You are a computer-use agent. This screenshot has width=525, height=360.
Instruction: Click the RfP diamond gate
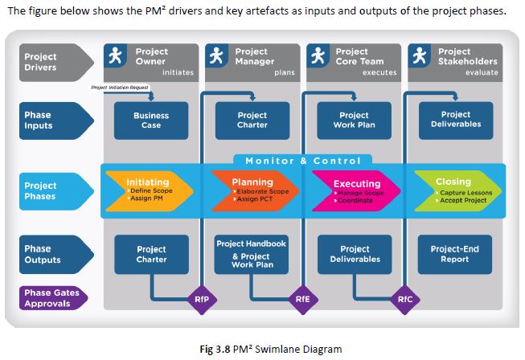[x=201, y=300]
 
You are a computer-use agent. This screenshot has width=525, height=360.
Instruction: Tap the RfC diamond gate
[x=405, y=300]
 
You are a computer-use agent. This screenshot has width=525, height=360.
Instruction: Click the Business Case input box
[x=151, y=120]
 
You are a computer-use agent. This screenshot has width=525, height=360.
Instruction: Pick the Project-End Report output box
[x=455, y=254]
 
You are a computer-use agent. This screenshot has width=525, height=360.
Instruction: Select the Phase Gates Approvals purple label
[x=51, y=298]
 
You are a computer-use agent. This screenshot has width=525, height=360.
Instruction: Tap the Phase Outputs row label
[x=43, y=254]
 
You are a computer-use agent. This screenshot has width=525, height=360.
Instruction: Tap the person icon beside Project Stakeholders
[x=419, y=57]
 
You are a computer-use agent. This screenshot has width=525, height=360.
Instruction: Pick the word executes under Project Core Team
[x=379, y=72]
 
